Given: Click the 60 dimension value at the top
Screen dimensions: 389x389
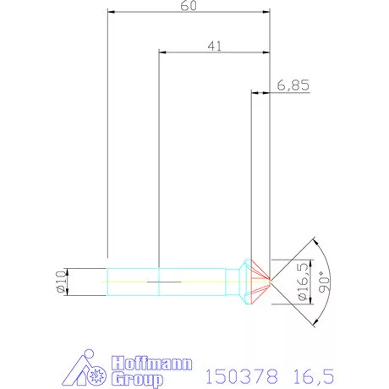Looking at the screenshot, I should pos(189,6).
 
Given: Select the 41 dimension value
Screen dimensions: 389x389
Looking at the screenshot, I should pos(214,47).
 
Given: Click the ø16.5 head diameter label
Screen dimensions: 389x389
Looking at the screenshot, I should pos(302,282).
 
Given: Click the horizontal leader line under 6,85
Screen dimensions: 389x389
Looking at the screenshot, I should pos(288,93).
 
